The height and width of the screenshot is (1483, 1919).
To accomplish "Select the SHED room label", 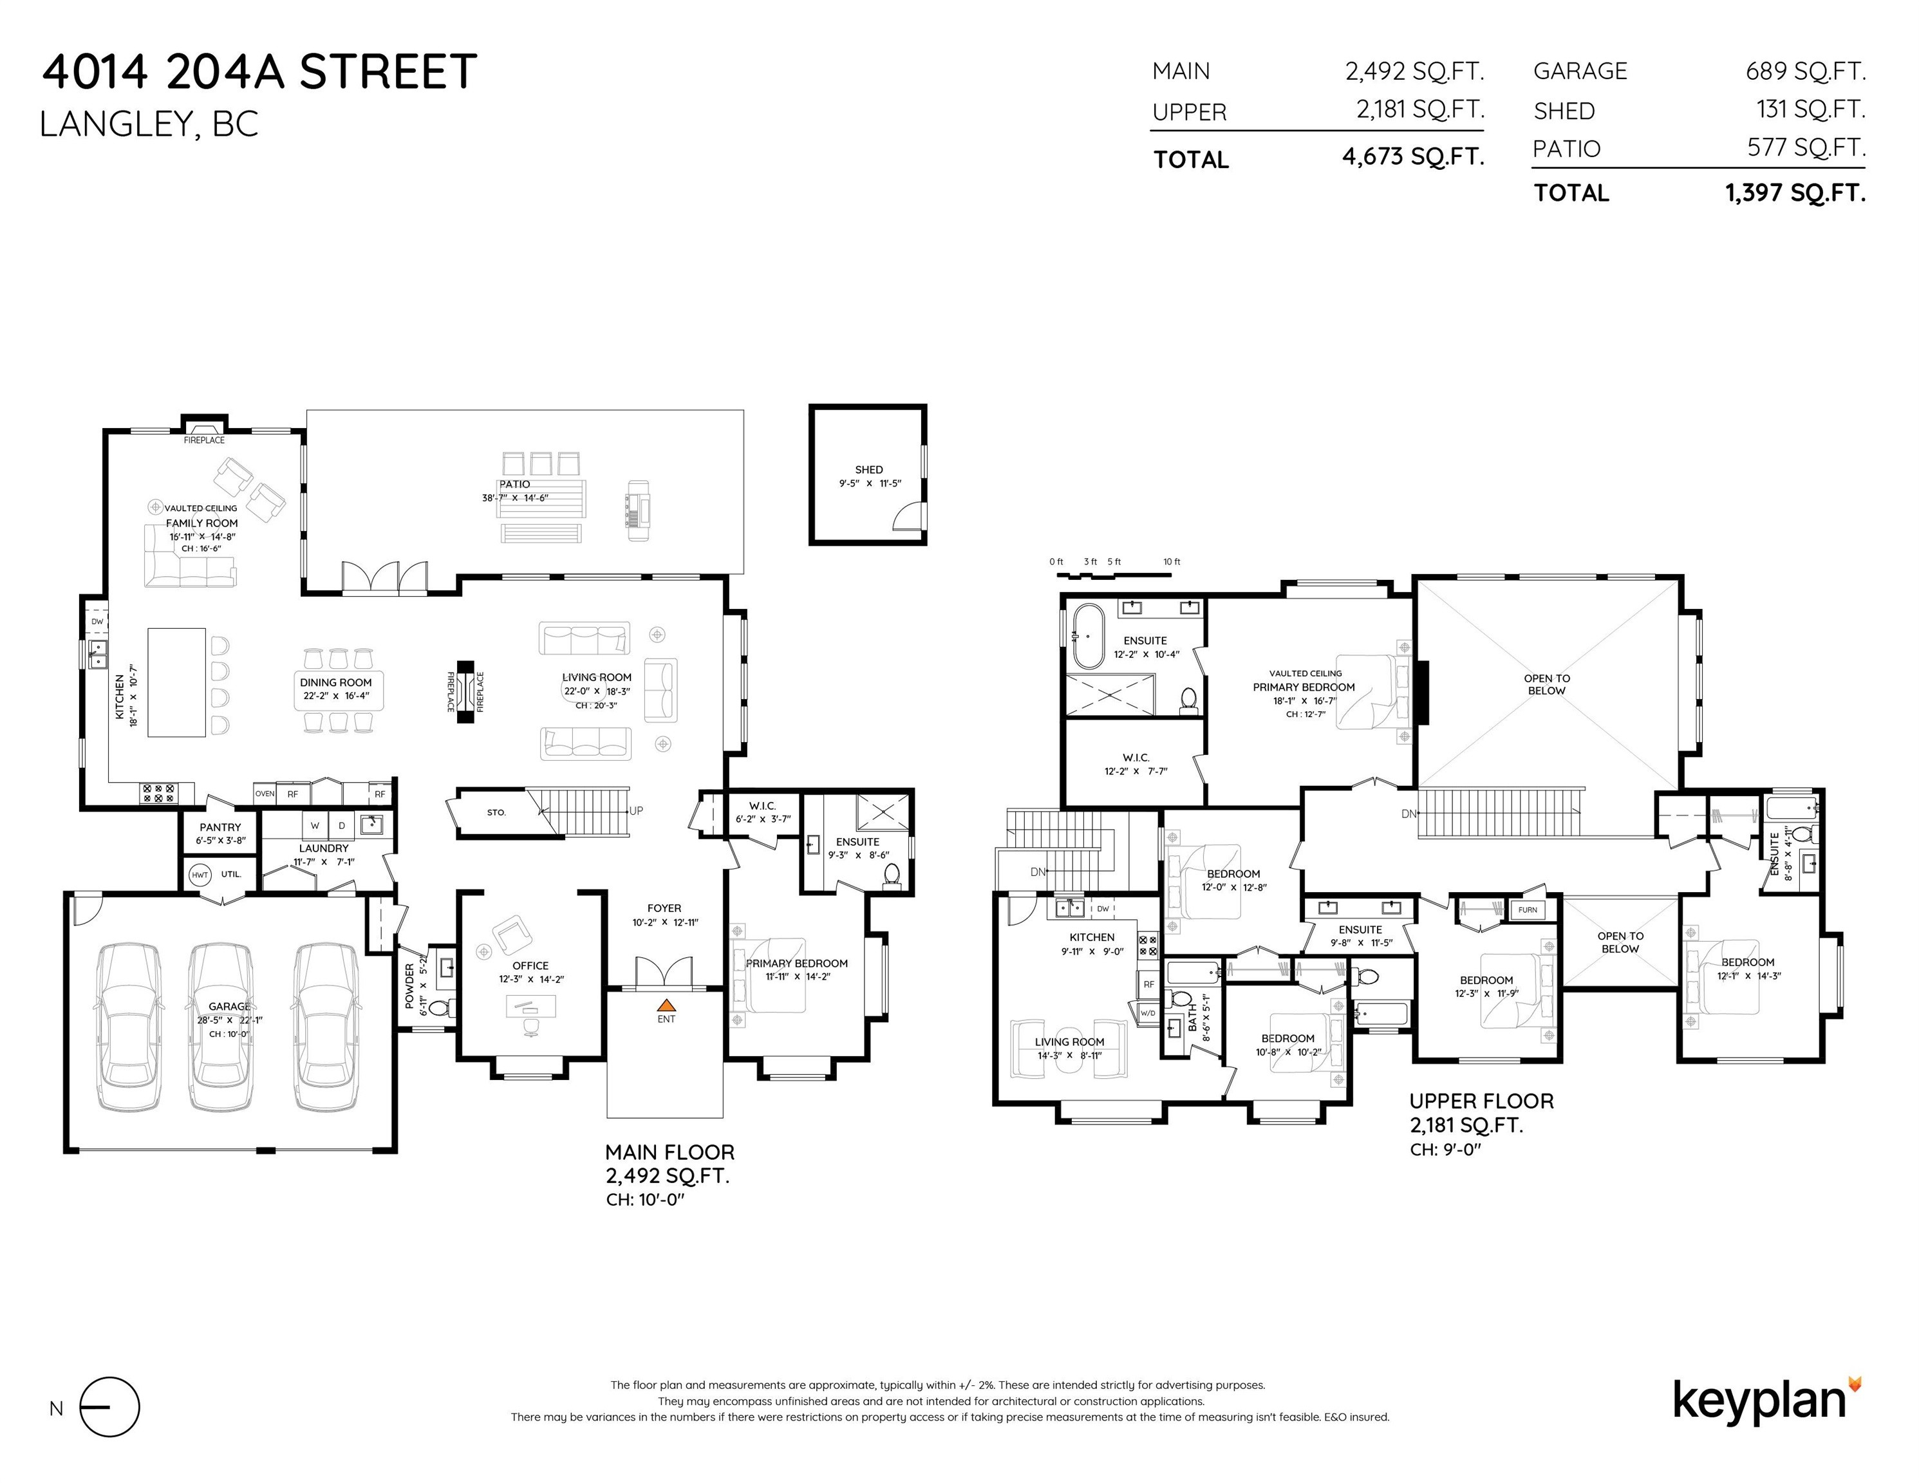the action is coord(869,470).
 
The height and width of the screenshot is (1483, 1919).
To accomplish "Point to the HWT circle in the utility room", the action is coord(200,875).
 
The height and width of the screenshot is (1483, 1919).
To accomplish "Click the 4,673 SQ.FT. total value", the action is coord(1413,157).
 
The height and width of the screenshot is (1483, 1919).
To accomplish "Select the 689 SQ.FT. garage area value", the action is coord(1806,71).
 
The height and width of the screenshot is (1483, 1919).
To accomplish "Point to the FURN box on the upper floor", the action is coord(1528,909).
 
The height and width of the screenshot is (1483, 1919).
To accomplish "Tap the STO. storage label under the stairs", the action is coord(496,813).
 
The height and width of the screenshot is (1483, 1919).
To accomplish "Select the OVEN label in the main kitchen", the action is coord(265,794).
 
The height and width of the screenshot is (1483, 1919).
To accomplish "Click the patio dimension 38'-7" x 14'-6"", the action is coord(515,498).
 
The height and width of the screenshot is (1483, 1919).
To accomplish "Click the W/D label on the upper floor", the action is coord(1148,1013).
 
